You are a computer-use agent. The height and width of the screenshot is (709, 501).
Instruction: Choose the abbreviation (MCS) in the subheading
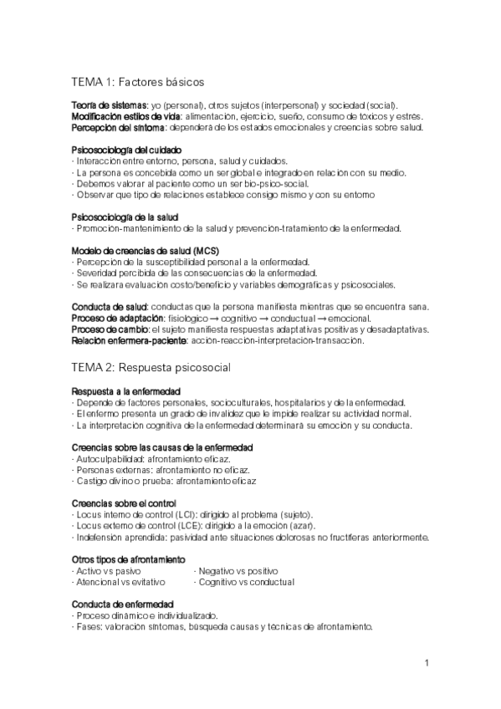click(205, 250)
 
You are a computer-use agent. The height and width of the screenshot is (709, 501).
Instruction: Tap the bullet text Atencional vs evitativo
click(120, 581)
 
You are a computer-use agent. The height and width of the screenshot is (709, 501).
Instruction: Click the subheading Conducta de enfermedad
click(123, 604)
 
